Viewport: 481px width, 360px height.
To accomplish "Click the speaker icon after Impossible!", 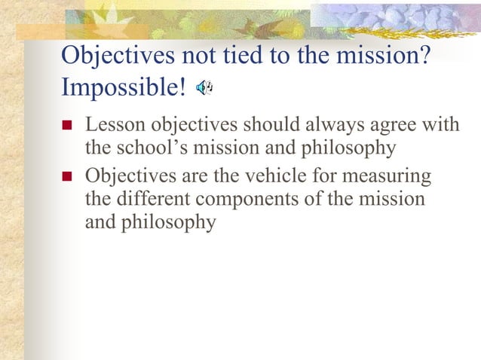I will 204,90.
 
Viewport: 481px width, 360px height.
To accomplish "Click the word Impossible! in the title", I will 123,88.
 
